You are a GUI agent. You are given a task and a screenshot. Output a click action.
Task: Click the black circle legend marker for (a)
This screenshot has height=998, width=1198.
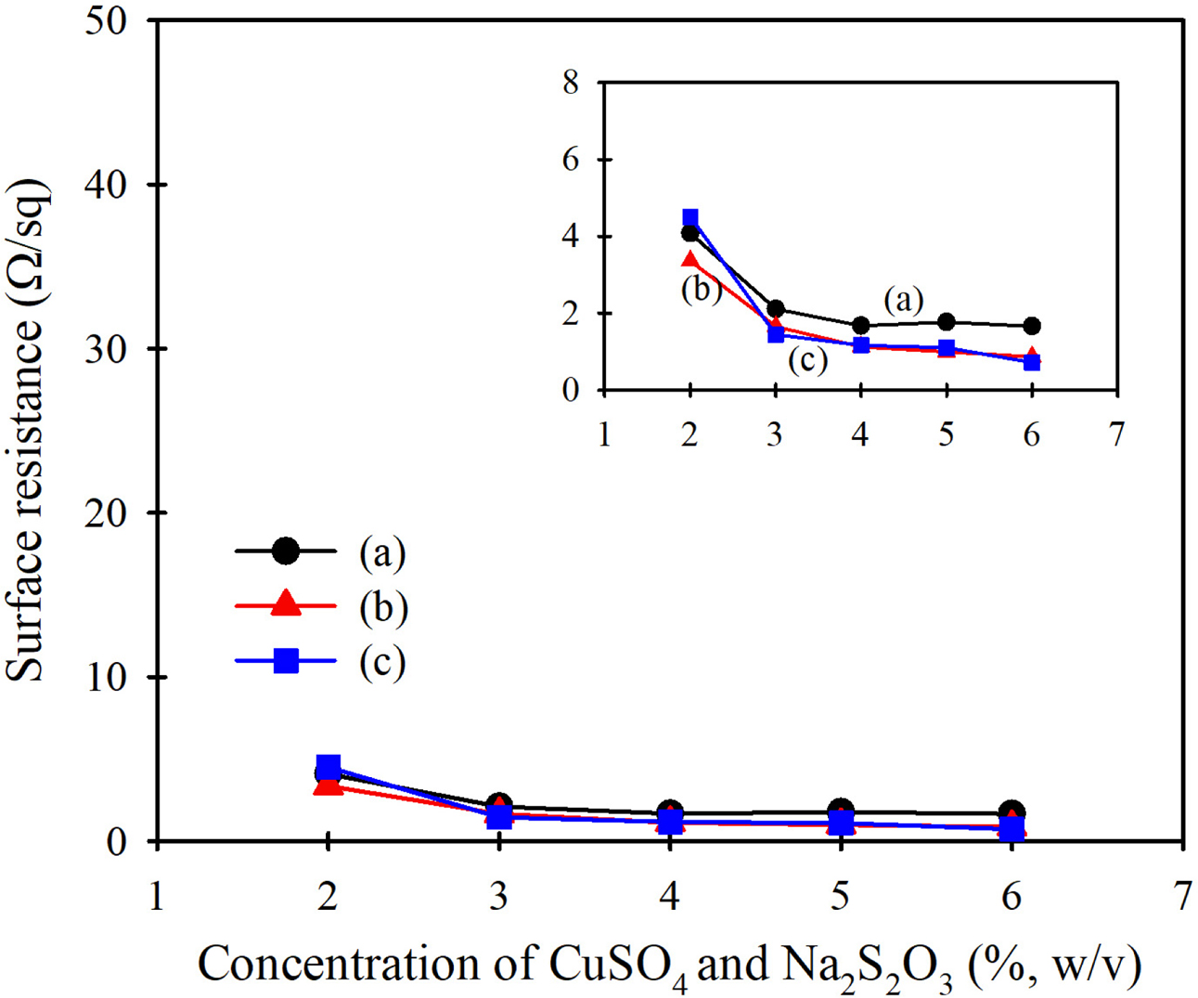coord(286,551)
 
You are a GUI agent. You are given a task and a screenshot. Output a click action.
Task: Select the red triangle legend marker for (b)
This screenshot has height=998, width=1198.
coord(286,604)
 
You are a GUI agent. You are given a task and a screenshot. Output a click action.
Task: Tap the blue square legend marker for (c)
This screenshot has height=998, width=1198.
coord(286,661)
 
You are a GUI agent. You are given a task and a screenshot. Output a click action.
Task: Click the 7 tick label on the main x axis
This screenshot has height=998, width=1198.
coord(1180,898)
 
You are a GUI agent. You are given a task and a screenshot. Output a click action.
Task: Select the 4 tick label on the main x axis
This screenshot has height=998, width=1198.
coord(669,898)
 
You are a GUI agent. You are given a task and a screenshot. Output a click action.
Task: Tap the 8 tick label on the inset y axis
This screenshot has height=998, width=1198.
coord(571,83)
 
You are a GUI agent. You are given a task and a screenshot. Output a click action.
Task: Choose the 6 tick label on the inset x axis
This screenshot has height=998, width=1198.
coord(1031,434)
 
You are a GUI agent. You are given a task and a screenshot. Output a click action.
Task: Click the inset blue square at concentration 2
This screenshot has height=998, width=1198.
coord(689,219)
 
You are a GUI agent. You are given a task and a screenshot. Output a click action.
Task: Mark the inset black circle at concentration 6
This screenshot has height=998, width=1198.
coord(1031,326)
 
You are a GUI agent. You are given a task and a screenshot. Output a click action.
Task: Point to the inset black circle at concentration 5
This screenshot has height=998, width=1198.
coord(946,322)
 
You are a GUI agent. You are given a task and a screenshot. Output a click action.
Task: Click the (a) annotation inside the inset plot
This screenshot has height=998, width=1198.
coord(903,300)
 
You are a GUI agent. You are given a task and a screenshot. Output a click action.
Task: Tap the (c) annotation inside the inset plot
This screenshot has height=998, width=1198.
coord(807,359)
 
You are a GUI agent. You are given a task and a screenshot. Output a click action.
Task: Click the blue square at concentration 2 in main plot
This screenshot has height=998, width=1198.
coord(328,767)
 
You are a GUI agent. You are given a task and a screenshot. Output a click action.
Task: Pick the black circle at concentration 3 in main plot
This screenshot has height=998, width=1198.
coord(498,805)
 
